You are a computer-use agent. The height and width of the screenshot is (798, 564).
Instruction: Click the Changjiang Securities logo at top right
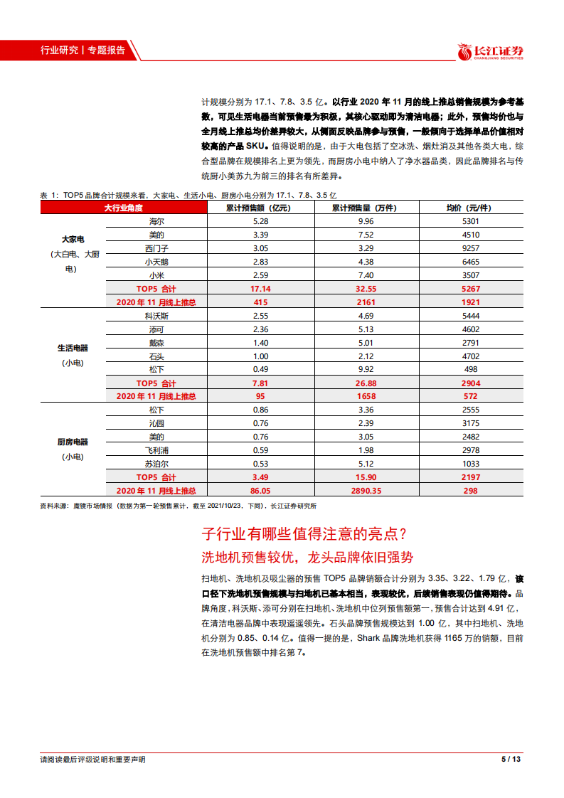coord(491,52)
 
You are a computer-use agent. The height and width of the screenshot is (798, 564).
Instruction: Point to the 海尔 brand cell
coord(156,221)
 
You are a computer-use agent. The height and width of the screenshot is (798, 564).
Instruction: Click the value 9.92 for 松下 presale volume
coord(366,369)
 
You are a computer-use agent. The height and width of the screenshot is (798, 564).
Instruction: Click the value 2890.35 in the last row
coord(366,491)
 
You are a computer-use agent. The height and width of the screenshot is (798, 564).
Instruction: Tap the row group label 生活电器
coord(73,349)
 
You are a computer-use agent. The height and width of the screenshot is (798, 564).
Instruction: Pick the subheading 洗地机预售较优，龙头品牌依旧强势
coord(308,557)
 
